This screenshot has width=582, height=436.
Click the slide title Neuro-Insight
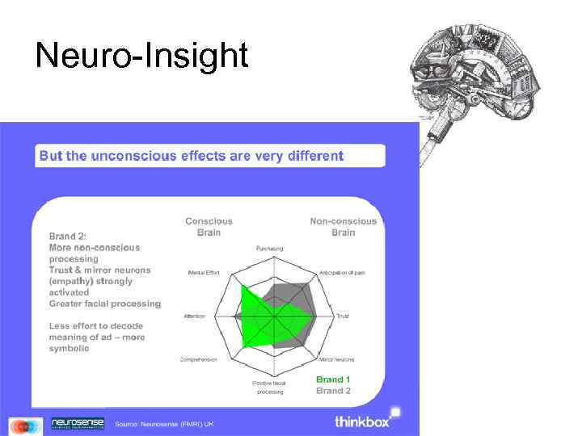(x=141, y=56)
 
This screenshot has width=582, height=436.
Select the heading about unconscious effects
(x=192, y=156)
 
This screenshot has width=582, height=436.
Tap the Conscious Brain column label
(x=209, y=226)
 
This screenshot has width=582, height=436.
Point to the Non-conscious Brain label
(x=344, y=226)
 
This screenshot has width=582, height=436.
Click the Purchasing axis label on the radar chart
(x=270, y=248)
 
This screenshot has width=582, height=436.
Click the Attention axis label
(x=194, y=315)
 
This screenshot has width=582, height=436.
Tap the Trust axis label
(x=343, y=315)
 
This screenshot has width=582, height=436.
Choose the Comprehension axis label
(x=199, y=358)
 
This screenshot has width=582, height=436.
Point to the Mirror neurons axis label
(x=338, y=358)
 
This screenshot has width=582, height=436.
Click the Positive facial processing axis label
(x=270, y=387)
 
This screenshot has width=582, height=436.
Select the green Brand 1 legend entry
(x=333, y=379)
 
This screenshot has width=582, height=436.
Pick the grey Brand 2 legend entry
(x=333, y=390)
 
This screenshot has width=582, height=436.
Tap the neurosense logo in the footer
(x=78, y=423)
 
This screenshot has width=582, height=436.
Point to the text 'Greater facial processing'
(x=105, y=304)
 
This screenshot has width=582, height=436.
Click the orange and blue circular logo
(x=26, y=426)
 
